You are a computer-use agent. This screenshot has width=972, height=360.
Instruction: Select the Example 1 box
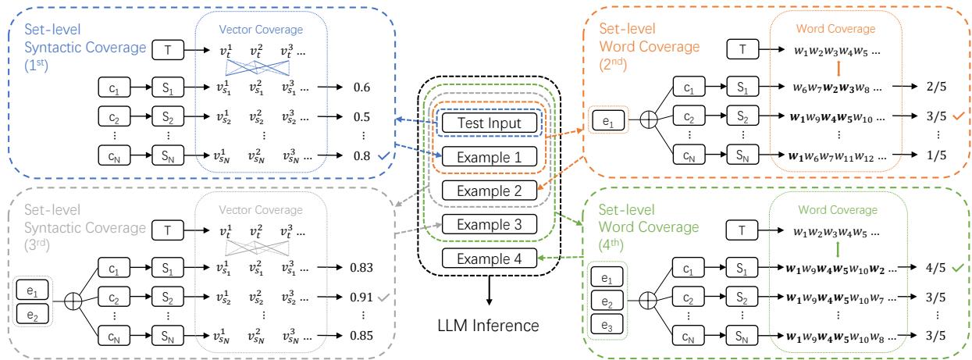(487, 155)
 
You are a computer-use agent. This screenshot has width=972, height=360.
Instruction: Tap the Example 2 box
(487, 190)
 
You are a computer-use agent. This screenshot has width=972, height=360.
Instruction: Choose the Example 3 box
(487, 224)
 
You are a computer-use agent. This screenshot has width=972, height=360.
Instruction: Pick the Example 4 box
(487, 258)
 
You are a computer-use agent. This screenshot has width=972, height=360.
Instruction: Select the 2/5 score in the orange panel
(920, 87)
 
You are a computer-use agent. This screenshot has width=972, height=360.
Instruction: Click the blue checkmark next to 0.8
(383, 157)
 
